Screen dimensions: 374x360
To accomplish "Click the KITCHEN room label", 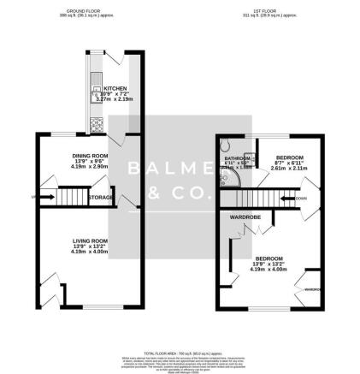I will pyautogui.click(x=115, y=87).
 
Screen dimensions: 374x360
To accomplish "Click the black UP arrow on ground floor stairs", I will pyautogui.click(x=35, y=197).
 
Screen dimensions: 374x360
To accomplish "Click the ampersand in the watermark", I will pyautogui.click(x=154, y=195).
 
